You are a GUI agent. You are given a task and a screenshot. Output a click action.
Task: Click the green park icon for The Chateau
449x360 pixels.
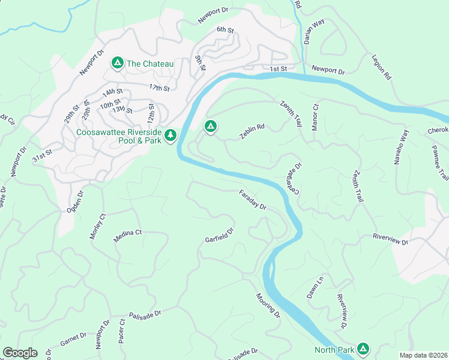(117, 62)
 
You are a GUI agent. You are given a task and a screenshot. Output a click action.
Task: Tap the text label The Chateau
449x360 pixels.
(150, 63)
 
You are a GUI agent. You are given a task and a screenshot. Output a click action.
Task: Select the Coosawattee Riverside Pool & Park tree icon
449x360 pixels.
(171, 136)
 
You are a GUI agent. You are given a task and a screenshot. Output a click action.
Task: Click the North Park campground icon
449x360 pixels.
(363, 349)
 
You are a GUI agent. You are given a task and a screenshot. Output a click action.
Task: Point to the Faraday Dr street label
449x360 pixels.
(252, 199)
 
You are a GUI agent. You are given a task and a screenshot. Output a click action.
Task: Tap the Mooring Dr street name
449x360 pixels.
(268, 305)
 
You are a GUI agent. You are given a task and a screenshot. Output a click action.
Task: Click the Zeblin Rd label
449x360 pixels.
(252, 131)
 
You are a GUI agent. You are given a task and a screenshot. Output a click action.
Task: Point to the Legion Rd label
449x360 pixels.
(381, 68)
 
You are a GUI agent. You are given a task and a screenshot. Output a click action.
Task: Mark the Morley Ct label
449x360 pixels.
(97, 227)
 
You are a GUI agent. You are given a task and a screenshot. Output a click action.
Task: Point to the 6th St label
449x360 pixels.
(225, 29)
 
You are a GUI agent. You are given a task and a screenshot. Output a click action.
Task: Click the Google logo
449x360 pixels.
(20, 353)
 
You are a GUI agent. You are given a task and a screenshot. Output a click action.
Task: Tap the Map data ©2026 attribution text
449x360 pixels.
(423, 355)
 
